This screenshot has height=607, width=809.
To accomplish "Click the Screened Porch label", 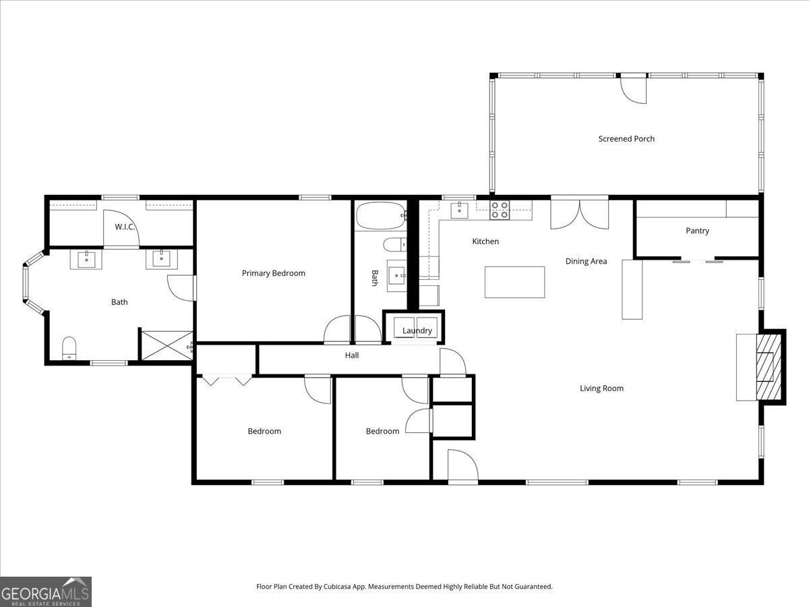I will point(626,139).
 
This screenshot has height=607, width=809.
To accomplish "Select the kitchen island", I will point(515,282).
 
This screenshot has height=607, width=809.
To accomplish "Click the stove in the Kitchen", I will point(500,210).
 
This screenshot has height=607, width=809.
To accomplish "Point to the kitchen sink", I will point(460,210).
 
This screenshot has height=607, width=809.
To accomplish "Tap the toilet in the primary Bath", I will point(69,348).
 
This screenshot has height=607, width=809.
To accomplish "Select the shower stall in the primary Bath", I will point(166,345).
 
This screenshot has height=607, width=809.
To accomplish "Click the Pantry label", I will point(697,231).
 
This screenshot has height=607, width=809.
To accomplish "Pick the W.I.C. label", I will point(125,227).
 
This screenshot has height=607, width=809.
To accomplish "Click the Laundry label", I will point(417,330).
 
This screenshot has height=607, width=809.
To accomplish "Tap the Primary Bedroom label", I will point(274,273).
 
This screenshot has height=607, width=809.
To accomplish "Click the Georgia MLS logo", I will point(46,591).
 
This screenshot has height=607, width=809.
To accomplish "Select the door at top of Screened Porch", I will point(634,89).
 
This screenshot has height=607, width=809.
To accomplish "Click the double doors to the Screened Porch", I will point(579,213).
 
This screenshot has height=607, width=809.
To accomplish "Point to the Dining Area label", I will point(586,261).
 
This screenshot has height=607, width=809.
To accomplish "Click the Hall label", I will point(352,355).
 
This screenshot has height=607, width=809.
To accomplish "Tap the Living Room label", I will point(601,388).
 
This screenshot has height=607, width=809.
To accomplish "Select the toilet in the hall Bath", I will point(394,243).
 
